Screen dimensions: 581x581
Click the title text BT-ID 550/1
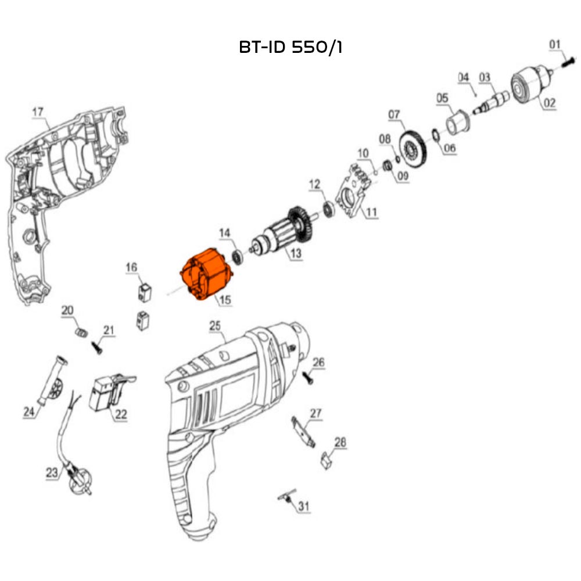290,48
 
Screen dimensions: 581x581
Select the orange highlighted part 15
207,275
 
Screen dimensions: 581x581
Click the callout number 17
38,111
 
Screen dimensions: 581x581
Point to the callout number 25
215,327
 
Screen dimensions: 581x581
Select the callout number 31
303,507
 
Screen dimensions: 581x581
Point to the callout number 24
29,412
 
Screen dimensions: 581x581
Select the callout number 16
132,267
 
